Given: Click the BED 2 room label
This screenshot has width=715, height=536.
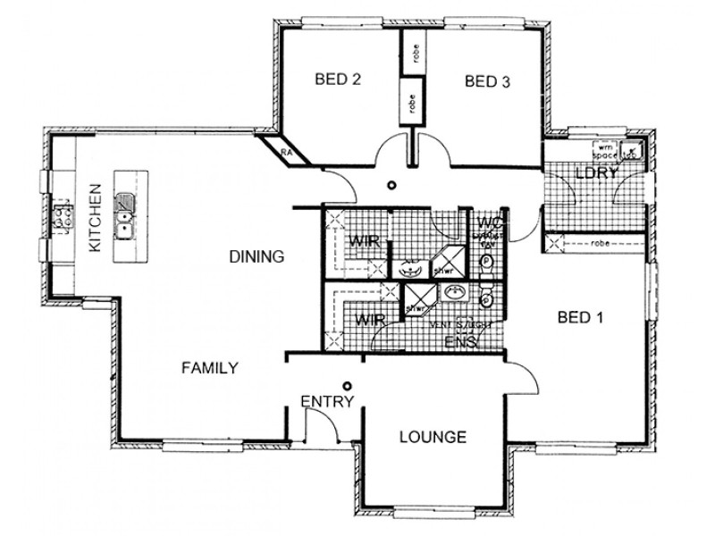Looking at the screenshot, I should click(x=338, y=80).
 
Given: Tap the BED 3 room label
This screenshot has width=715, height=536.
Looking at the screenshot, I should click(x=488, y=82).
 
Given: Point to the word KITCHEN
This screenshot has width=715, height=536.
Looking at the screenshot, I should click(x=95, y=217).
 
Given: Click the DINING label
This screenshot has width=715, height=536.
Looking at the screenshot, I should click(x=257, y=256).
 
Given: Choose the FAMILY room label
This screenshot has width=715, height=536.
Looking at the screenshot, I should click(x=209, y=367).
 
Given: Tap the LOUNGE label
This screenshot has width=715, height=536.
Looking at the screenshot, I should click(x=433, y=437).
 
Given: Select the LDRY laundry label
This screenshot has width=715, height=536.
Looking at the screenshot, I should click(x=596, y=173).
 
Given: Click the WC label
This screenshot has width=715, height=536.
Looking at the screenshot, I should click(x=488, y=222).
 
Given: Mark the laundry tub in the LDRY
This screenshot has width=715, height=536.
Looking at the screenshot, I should click(x=632, y=149).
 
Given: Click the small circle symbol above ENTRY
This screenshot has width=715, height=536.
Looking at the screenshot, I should click(x=347, y=385).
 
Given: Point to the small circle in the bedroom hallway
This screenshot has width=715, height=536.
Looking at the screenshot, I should click(x=391, y=186).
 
